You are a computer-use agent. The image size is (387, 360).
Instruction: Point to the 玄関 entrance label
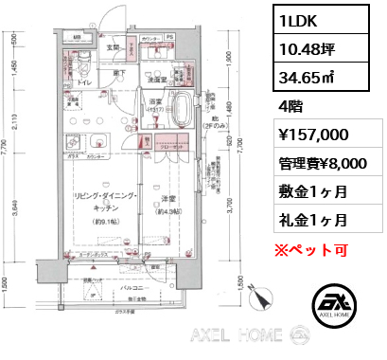point(113,46)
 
